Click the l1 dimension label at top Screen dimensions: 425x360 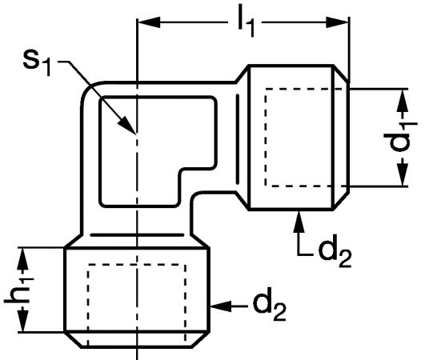[x=246, y=24]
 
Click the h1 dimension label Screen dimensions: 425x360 [x=19, y=290]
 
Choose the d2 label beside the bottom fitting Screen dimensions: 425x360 [x=270, y=307]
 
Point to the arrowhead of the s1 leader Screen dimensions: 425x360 [x=126, y=125]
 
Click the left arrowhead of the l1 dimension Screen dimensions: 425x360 [x=149, y=22]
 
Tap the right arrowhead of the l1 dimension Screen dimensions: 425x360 [x=337, y=22]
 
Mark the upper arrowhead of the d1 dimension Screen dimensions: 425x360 [x=403, y=100]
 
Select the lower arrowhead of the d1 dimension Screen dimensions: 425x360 [x=403, y=174]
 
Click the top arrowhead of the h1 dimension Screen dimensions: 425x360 [x=22, y=258]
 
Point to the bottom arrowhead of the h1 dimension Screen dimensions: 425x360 [x=22, y=321]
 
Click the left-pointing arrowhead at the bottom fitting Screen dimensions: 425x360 [x=221, y=306]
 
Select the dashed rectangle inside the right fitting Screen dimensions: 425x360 [x=266, y=138]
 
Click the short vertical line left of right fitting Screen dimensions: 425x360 [x=238, y=139]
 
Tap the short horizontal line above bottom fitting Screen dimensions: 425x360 [x=137, y=235]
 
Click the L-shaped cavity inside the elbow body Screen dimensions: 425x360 [x=101, y=152]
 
